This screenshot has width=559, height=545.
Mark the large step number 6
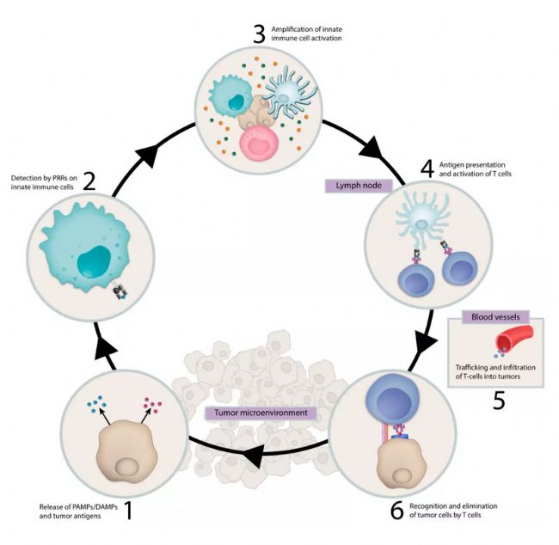pos(396,511)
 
